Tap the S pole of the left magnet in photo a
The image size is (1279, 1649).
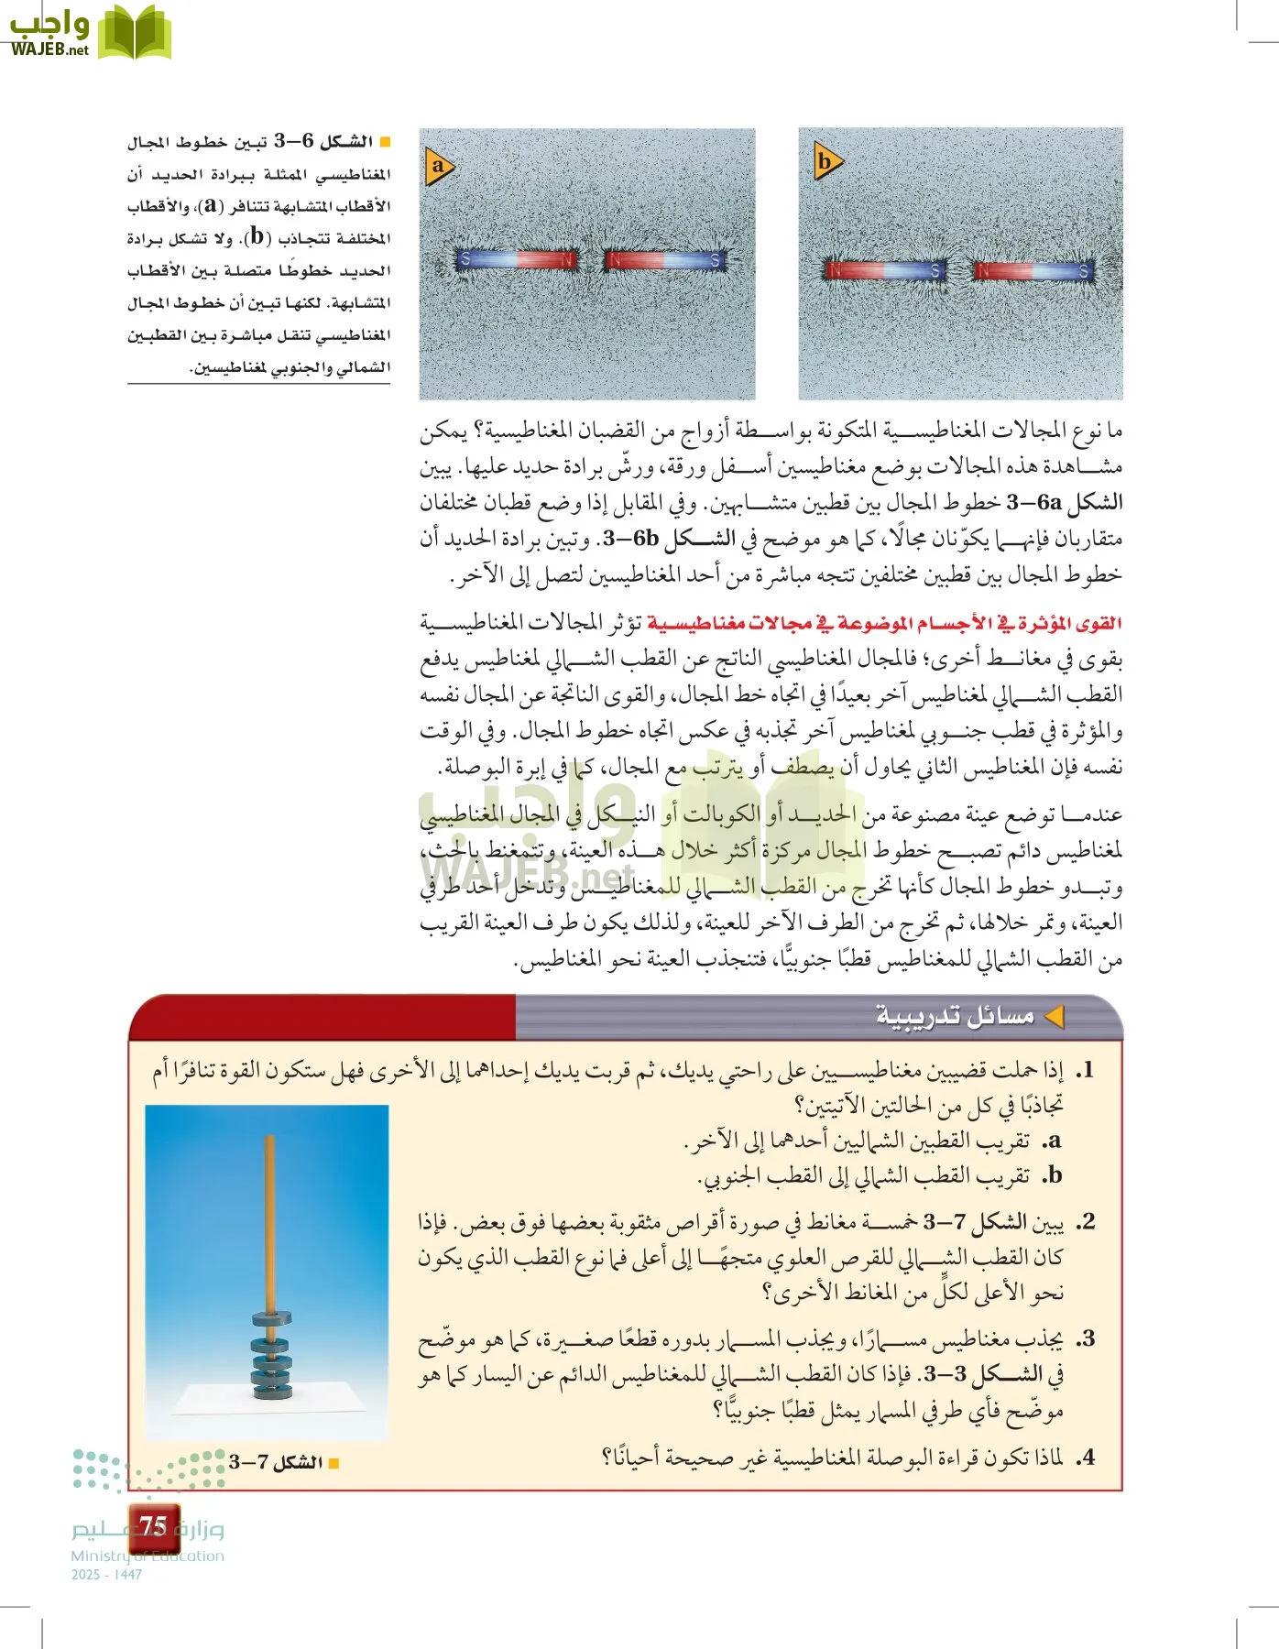pos(465,260)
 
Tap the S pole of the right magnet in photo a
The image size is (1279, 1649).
pos(715,261)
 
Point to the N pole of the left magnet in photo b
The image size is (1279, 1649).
pos(835,270)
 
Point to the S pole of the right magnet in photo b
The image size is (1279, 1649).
pos(1083,271)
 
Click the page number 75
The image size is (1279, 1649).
pos(152,1526)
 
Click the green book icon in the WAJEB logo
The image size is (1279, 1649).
pos(134,33)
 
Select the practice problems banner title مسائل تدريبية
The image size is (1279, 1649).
pos(955,1016)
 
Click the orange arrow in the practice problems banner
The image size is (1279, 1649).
pos(1055,1016)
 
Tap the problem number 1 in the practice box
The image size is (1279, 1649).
pos(1085,1071)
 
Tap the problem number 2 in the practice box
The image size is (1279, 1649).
pos(1085,1222)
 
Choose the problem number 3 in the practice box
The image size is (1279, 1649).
pos(1085,1339)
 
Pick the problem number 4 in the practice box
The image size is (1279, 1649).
pos(1085,1457)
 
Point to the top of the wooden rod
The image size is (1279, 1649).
pos(269,1141)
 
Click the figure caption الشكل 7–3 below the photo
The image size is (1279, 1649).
pos(277,1462)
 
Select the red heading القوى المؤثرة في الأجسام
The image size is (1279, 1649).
pos(884,624)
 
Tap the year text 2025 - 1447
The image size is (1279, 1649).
pos(106,1574)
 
